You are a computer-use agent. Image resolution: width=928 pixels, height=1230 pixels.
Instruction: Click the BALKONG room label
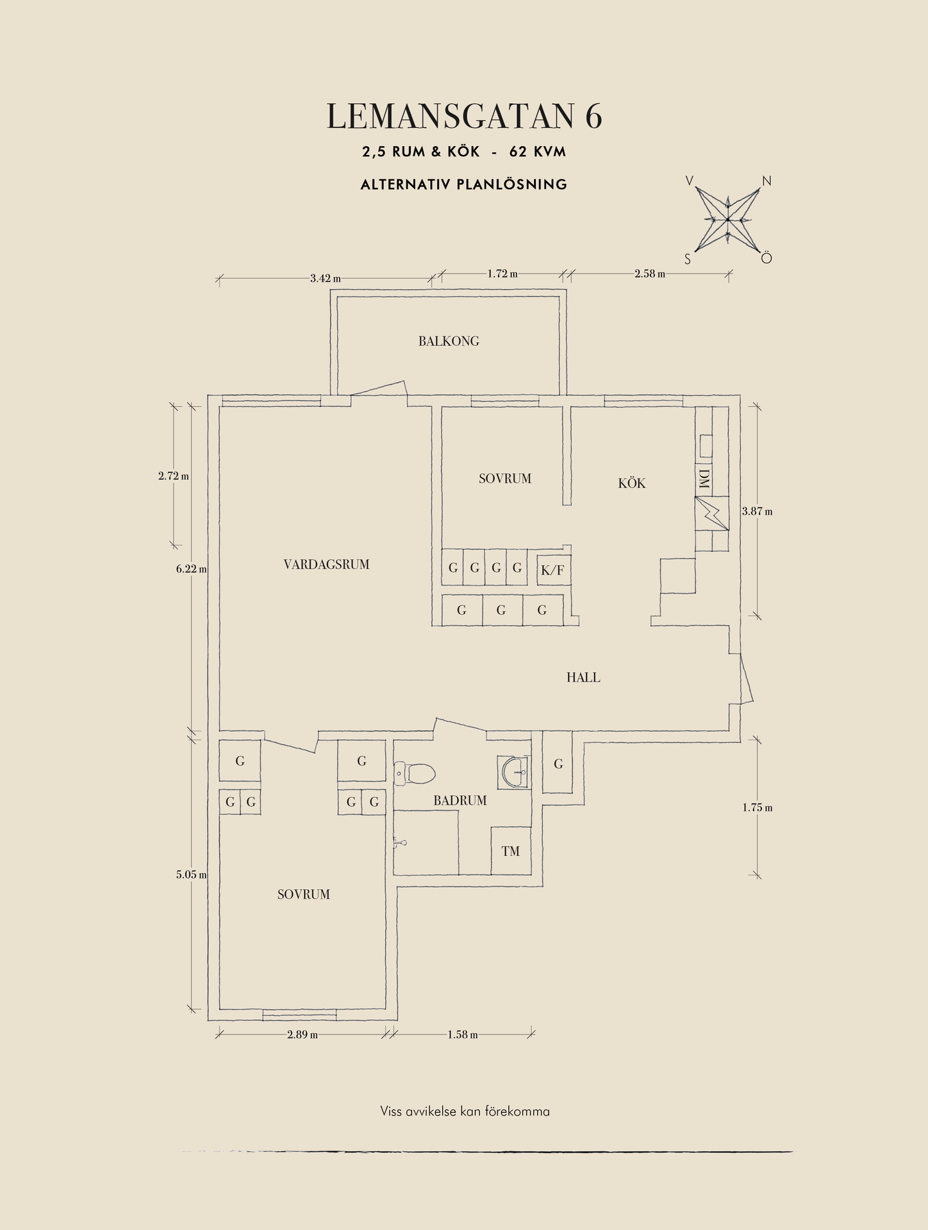pyautogui.click(x=449, y=341)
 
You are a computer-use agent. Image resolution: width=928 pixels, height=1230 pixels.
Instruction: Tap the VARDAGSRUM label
pyautogui.click(x=326, y=564)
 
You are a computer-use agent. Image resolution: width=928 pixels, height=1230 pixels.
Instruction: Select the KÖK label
pyautogui.click(x=632, y=484)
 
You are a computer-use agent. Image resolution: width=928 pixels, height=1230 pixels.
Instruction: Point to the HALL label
pyautogui.click(x=583, y=677)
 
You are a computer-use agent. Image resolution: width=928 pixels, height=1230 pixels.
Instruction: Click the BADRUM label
pyautogui.click(x=460, y=800)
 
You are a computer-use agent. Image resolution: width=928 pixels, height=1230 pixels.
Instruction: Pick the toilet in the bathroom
pyautogui.click(x=415, y=773)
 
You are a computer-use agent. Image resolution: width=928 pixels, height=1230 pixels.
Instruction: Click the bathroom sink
pyautogui.click(x=513, y=772)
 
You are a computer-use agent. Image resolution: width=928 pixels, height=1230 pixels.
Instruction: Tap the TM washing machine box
pyautogui.click(x=511, y=851)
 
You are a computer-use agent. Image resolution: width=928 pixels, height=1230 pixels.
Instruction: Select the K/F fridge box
pyautogui.click(x=552, y=570)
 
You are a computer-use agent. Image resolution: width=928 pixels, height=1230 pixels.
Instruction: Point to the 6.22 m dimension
pyautogui.click(x=192, y=569)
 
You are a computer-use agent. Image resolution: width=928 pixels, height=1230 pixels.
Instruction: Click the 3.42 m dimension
pyautogui.click(x=326, y=278)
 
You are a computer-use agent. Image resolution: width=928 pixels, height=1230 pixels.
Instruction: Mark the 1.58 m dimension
pyautogui.click(x=463, y=1035)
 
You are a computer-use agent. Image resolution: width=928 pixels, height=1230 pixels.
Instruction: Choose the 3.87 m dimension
pyautogui.click(x=758, y=511)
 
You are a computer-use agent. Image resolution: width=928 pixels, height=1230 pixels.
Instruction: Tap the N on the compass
pyautogui.click(x=766, y=181)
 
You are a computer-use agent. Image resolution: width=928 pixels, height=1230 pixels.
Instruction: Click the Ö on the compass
pyautogui.click(x=766, y=258)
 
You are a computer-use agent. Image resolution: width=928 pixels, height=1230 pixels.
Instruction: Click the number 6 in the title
pyautogui.click(x=593, y=117)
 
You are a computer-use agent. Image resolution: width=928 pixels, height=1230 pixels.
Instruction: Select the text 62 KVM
pyautogui.click(x=538, y=152)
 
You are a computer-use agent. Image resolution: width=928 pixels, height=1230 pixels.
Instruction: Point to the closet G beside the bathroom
pyautogui.click(x=558, y=764)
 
